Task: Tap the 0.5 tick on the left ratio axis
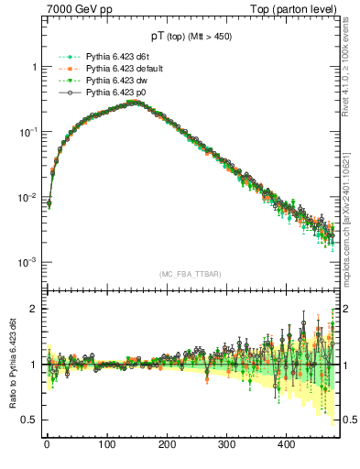[x=28, y=420]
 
